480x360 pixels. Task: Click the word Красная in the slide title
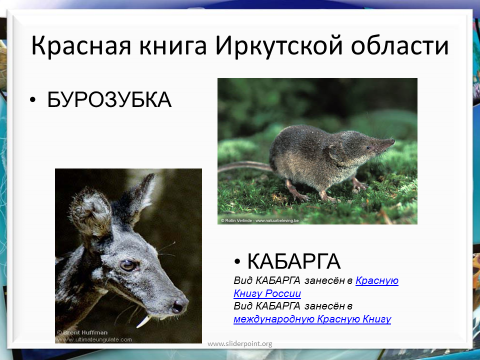(x=81, y=46)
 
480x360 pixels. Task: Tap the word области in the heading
(x=399, y=46)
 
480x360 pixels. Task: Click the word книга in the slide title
(x=173, y=46)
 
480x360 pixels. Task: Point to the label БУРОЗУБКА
(x=109, y=99)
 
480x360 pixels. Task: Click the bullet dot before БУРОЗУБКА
(x=33, y=100)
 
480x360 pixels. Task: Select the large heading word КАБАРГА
(x=293, y=261)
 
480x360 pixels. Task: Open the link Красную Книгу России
(x=316, y=287)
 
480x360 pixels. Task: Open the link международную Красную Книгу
(x=312, y=319)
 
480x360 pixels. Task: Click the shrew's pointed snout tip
(x=393, y=141)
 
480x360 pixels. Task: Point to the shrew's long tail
(x=245, y=166)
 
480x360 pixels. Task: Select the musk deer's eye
(x=127, y=265)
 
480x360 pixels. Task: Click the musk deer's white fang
(x=143, y=321)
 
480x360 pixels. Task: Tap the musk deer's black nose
(x=179, y=305)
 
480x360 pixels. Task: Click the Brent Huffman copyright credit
(x=82, y=332)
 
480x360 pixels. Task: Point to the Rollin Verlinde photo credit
(x=259, y=220)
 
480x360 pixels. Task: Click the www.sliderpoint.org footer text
(x=239, y=344)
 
